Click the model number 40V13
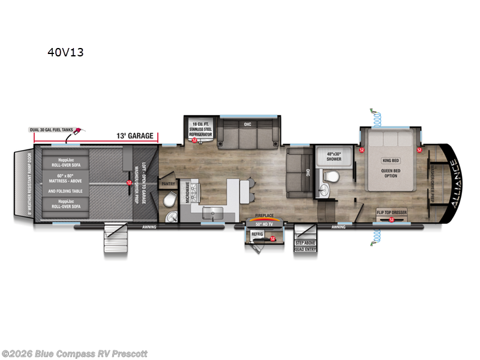[x=65, y=52]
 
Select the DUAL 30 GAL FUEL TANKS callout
[x=52, y=130]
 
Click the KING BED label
[x=391, y=161]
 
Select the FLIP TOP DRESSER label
[x=391, y=212]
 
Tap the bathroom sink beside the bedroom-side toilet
[x=325, y=191]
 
